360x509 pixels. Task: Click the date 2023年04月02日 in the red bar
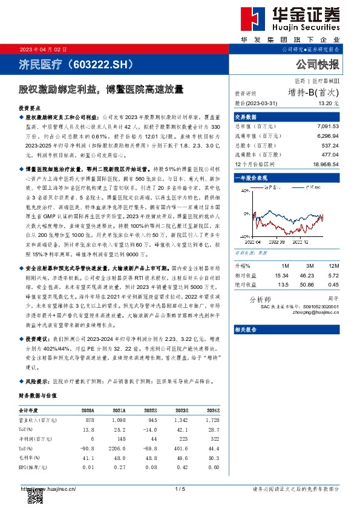pyautogui.click(x=41, y=49)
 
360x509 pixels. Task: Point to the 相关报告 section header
pyautogui.click(x=246, y=329)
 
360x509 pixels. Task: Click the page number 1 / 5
pyautogui.click(x=179, y=488)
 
